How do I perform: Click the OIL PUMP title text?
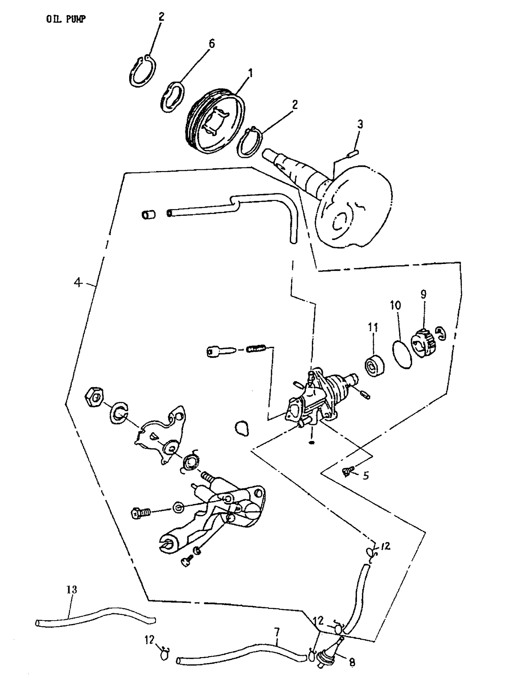(66, 19)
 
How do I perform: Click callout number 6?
(211, 44)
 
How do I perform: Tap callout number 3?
(360, 124)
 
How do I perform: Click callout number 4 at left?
(78, 282)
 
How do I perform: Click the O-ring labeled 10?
(402, 354)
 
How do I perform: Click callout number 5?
(366, 476)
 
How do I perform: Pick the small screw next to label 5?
(347, 472)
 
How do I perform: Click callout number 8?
(352, 662)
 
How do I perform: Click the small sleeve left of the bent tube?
(149, 214)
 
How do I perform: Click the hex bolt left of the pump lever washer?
(141, 512)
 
